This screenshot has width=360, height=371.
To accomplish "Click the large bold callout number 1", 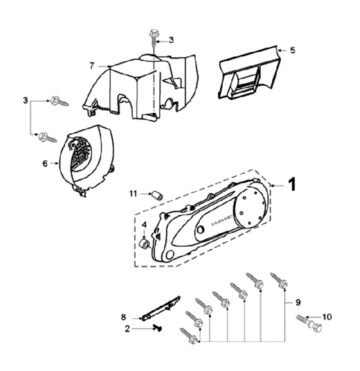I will coord(292,185).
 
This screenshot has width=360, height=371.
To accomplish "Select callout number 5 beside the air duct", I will coord(293,50).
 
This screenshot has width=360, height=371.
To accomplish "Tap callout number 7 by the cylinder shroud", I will coord(92,65).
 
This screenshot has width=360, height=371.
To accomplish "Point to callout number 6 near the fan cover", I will coord(44,163).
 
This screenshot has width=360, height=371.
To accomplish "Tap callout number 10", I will coord(327,316).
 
